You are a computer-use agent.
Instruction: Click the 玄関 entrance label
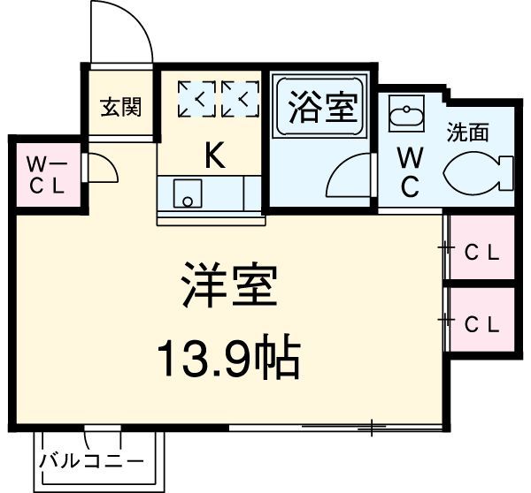coord(120,108)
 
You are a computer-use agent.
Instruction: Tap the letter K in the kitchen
coord(213,155)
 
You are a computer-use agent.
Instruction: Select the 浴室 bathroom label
coord(322,110)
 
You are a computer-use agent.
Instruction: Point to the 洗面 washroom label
coord(467,133)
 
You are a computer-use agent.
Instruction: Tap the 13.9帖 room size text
coord(229,358)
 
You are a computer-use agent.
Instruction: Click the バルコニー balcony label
coord(91,461)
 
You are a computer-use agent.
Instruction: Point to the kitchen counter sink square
coord(187,193)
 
